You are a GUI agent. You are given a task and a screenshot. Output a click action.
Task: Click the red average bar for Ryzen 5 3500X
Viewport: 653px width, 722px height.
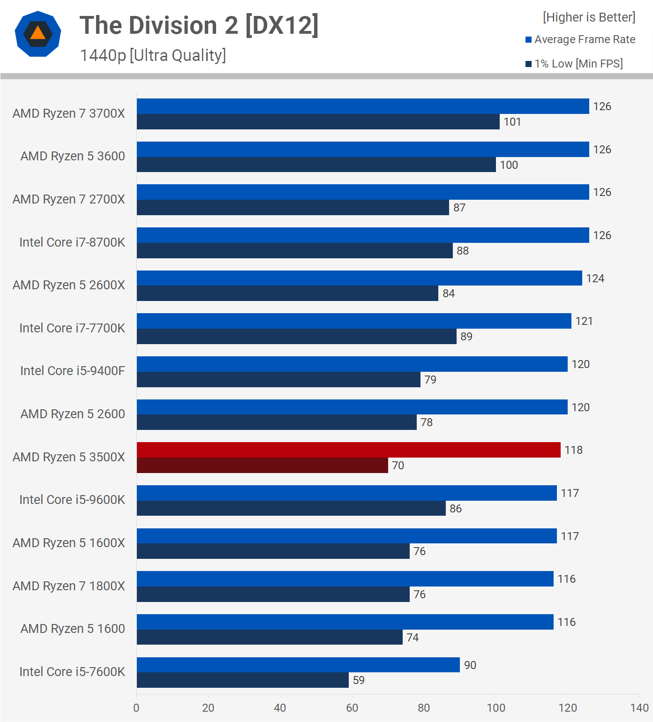pos(348,450)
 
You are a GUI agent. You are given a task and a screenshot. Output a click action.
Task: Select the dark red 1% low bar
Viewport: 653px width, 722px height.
pos(263,466)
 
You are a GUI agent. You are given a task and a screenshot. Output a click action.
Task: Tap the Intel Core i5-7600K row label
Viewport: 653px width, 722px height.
pos(72,672)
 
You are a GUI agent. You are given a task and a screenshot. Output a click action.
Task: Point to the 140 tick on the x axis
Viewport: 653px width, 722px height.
pos(639,708)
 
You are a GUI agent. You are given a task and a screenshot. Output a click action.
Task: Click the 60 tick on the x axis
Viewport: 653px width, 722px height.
pos(352,708)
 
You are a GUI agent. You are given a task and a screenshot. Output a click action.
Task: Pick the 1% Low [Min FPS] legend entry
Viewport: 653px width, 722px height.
pos(574,64)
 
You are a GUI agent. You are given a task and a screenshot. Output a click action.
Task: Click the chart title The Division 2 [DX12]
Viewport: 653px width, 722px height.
pos(199,25)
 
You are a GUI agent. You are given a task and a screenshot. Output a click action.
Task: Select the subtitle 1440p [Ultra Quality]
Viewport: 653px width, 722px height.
pos(153,55)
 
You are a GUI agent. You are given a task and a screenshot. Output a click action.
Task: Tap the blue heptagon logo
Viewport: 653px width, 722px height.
pos(38,34)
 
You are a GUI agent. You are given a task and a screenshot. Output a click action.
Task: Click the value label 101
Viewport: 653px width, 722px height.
pos(512,122)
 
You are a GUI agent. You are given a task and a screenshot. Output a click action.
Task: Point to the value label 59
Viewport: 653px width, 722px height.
pos(359,680)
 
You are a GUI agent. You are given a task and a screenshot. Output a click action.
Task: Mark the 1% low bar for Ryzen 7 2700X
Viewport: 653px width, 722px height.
pos(293,208)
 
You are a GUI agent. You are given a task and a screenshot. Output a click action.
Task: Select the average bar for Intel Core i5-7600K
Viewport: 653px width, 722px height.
pos(298,665)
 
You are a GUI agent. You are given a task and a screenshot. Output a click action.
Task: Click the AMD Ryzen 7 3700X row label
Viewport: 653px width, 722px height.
pos(69,113)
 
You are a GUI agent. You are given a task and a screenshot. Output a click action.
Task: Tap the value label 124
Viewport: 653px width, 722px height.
pos(595,278)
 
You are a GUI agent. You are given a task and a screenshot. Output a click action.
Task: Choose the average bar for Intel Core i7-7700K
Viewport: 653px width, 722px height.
pos(354,321)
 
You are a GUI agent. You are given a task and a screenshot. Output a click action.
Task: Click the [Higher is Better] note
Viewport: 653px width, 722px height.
pos(589,17)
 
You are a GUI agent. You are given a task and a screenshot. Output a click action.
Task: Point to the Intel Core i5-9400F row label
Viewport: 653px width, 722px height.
pos(73,371)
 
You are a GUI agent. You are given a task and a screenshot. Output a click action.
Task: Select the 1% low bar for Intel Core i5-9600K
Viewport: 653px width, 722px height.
pos(291,508)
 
